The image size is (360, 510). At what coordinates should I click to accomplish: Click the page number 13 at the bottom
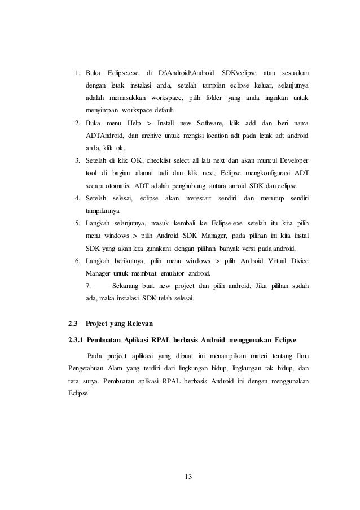coord(188,477)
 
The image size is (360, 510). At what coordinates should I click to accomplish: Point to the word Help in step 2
coord(134,123)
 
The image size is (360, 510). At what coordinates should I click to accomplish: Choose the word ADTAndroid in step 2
coord(104,135)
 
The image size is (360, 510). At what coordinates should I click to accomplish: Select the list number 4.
coord(76,198)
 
